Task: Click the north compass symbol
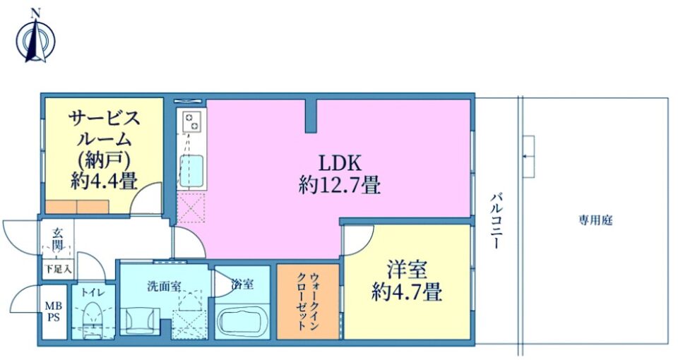click(35, 39)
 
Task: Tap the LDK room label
click(340, 163)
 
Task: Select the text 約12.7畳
click(340, 186)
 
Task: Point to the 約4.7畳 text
click(407, 292)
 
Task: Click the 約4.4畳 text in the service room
click(105, 181)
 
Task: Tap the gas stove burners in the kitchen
click(191, 121)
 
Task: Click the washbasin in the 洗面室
click(138, 320)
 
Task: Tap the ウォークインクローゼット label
click(308, 301)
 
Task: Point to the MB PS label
click(54, 311)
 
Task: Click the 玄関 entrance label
click(57, 239)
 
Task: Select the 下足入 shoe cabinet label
click(57, 269)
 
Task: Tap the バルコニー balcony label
click(496, 221)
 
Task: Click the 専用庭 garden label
click(596, 220)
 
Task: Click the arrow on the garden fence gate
click(528, 156)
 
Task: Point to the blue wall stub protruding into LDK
click(311, 115)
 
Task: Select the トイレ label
click(93, 292)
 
